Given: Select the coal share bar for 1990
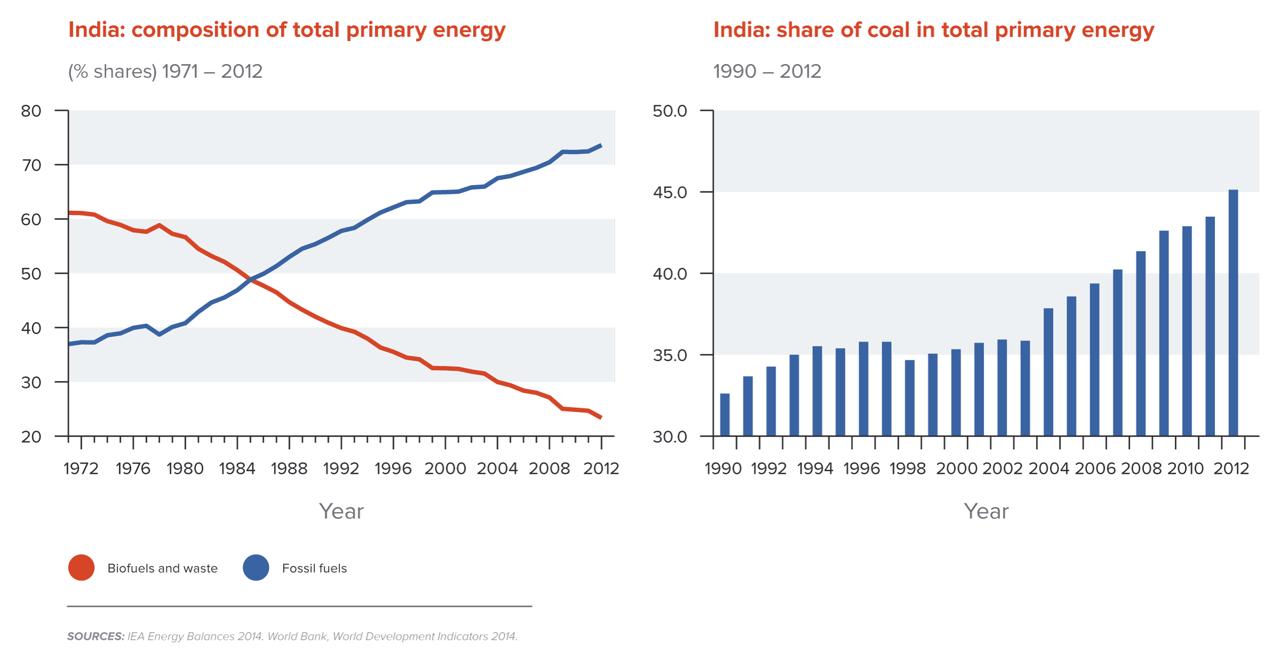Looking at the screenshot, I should click(x=725, y=415).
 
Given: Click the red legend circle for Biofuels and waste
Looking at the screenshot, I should click(x=82, y=568).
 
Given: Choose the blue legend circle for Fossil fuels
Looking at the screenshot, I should click(x=256, y=568).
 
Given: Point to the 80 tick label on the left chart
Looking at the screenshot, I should click(x=31, y=111).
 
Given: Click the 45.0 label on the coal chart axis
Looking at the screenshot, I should click(x=670, y=192).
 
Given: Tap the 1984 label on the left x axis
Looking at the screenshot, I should click(x=237, y=469).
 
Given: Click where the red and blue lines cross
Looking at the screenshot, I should click(x=250, y=279).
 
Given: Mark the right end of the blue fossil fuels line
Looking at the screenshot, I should click(x=601, y=145).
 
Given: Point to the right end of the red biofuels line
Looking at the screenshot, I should click(x=601, y=417).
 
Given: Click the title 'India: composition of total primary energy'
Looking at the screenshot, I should click(x=287, y=30).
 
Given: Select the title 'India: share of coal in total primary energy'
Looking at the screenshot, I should click(x=933, y=30).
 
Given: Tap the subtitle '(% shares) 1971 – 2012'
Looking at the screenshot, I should click(x=165, y=72).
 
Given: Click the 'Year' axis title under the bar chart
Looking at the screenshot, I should click(x=986, y=511).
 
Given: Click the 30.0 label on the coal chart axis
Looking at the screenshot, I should click(x=670, y=436).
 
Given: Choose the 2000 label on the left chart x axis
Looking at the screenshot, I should click(x=445, y=469).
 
